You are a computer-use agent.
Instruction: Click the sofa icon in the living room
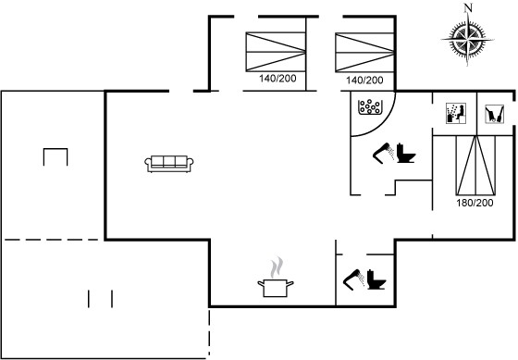[168, 164]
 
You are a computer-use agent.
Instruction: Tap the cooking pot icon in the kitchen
[276, 288]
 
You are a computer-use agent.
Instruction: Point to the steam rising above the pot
[277, 267]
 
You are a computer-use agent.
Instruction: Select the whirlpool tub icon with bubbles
[369, 107]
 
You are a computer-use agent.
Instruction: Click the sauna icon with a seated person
[456, 114]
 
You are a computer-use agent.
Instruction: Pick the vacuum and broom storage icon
[494, 115]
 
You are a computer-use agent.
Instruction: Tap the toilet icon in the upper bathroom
[405, 153]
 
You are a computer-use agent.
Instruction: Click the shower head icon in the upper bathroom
[384, 153]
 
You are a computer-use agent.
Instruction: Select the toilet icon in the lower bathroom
[376, 279]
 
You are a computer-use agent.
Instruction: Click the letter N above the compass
[468, 8]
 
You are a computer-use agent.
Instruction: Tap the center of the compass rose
[467, 40]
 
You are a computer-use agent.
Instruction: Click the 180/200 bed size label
[475, 203]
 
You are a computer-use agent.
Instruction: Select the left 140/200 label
[277, 79]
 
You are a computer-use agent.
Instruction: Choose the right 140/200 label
[364, 80]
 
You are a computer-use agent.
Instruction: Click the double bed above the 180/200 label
[475, 165]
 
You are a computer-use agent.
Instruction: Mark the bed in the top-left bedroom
[276, 52]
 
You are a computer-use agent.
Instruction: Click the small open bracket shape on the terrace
[55, 149]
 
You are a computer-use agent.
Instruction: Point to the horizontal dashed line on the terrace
[52, 240]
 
